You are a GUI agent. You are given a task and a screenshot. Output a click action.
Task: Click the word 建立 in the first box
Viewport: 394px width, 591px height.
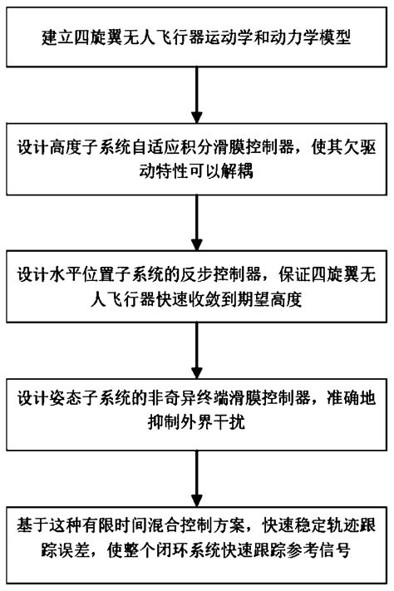[x=52, y=38]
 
